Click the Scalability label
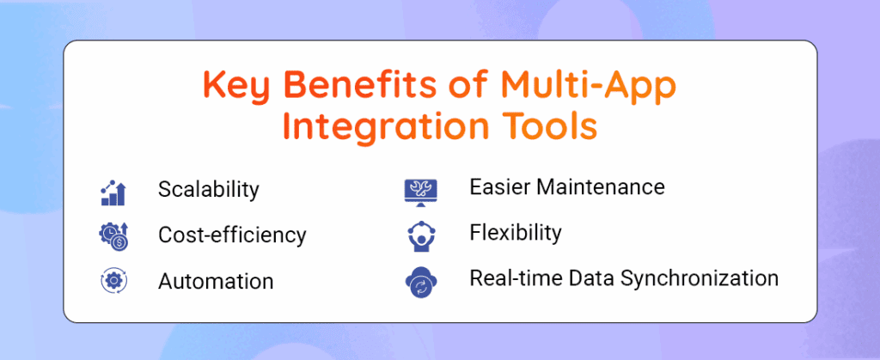coord(208,190)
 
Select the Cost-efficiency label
coord(232,235)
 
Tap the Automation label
coord(216,281)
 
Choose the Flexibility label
coord(515,232)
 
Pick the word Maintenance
coord(602,186)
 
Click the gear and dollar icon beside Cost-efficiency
coord(114,236)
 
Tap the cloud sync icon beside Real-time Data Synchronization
coord(421,283)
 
